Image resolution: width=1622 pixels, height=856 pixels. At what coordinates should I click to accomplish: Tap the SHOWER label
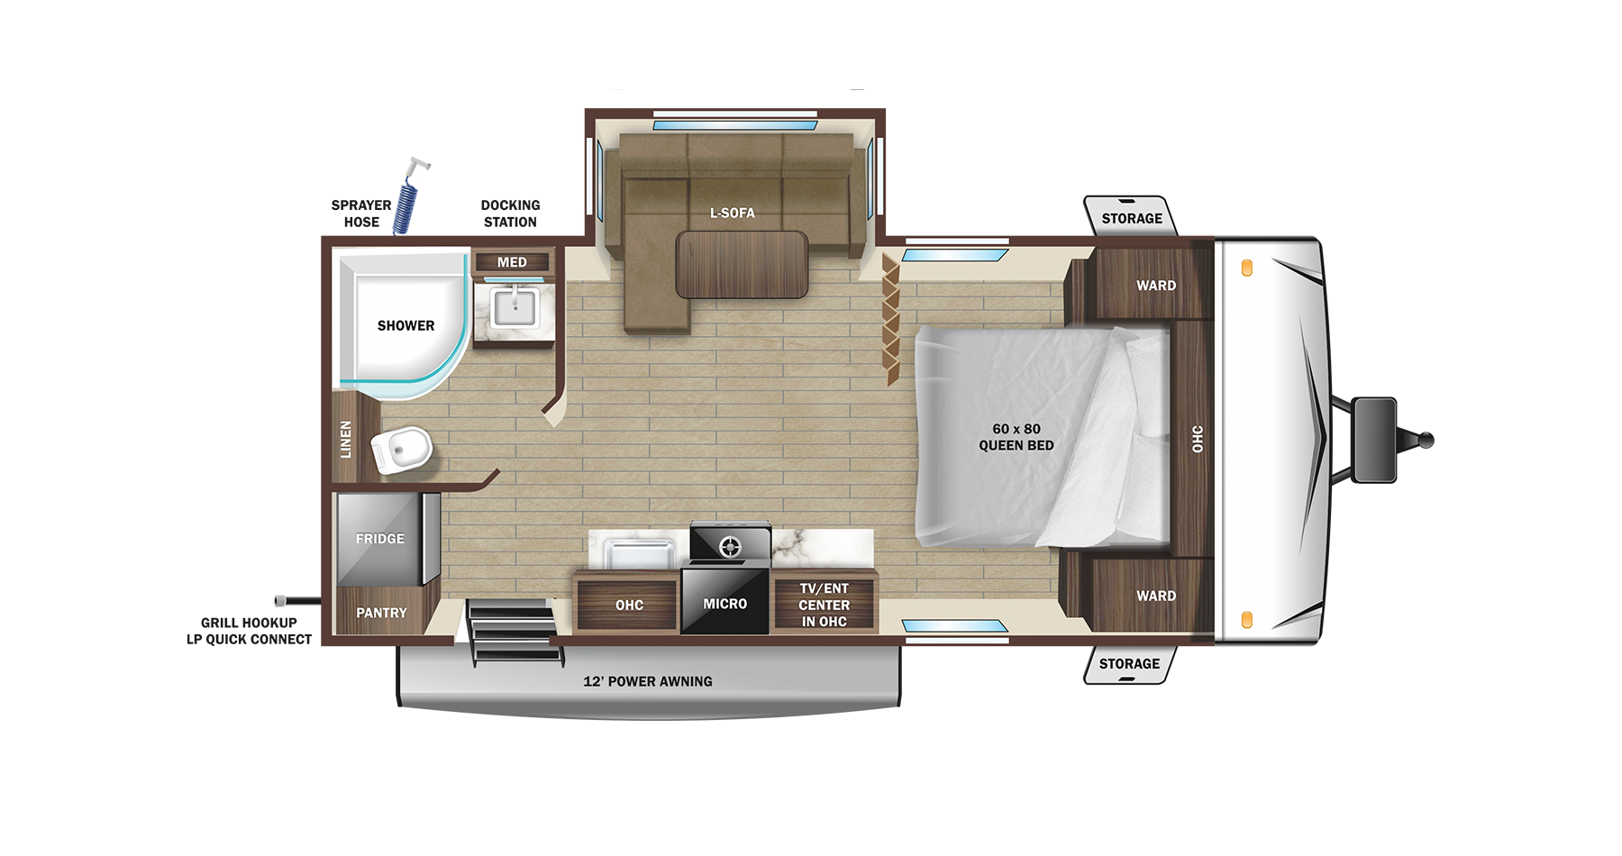(405, 325)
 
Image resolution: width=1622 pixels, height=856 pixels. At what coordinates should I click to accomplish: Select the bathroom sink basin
(515, 308)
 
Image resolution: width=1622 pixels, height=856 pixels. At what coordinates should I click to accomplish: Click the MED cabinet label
(512, 262)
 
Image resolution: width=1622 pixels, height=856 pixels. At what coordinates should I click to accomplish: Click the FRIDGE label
(379, 539)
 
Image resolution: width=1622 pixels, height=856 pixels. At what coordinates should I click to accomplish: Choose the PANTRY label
(381, 613)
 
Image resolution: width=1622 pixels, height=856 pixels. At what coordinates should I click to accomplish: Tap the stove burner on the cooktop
(730, 546)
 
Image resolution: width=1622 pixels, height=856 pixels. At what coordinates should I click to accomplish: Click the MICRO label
(725, 604)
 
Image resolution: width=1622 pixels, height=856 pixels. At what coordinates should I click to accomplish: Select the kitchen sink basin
(639, 552)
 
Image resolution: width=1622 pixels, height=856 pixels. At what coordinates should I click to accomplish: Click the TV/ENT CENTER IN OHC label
(824, 605)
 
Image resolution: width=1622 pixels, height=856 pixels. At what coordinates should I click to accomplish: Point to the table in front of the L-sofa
(742, 264)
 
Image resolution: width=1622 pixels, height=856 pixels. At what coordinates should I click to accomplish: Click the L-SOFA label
(732, 213)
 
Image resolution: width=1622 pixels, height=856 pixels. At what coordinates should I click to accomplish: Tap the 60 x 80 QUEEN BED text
(1016, 437)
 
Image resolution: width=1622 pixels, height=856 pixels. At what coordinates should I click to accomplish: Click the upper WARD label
(1156, 286)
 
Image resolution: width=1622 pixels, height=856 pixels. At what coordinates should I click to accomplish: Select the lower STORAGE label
(1129, 664)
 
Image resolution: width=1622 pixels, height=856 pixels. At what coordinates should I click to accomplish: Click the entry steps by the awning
(511, 630)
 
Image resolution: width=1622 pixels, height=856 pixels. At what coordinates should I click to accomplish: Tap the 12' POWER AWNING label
(647, 681)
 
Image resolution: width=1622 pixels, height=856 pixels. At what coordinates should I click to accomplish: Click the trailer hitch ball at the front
(1426, 441)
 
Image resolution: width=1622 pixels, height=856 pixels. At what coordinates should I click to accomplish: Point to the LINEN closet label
(346, 440)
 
